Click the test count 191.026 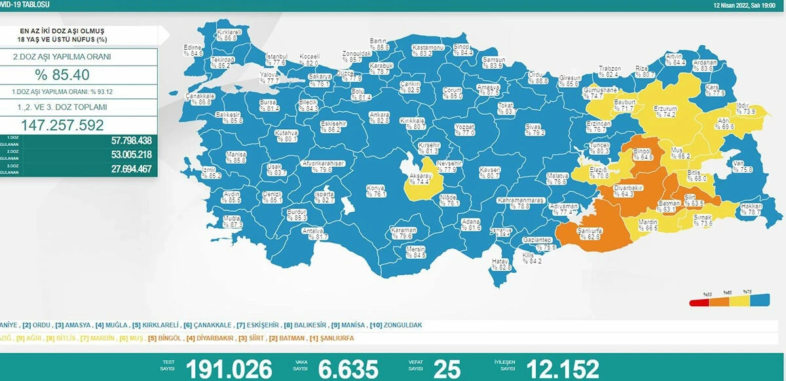tap(229, 369)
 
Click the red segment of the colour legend tap(698, 302)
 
